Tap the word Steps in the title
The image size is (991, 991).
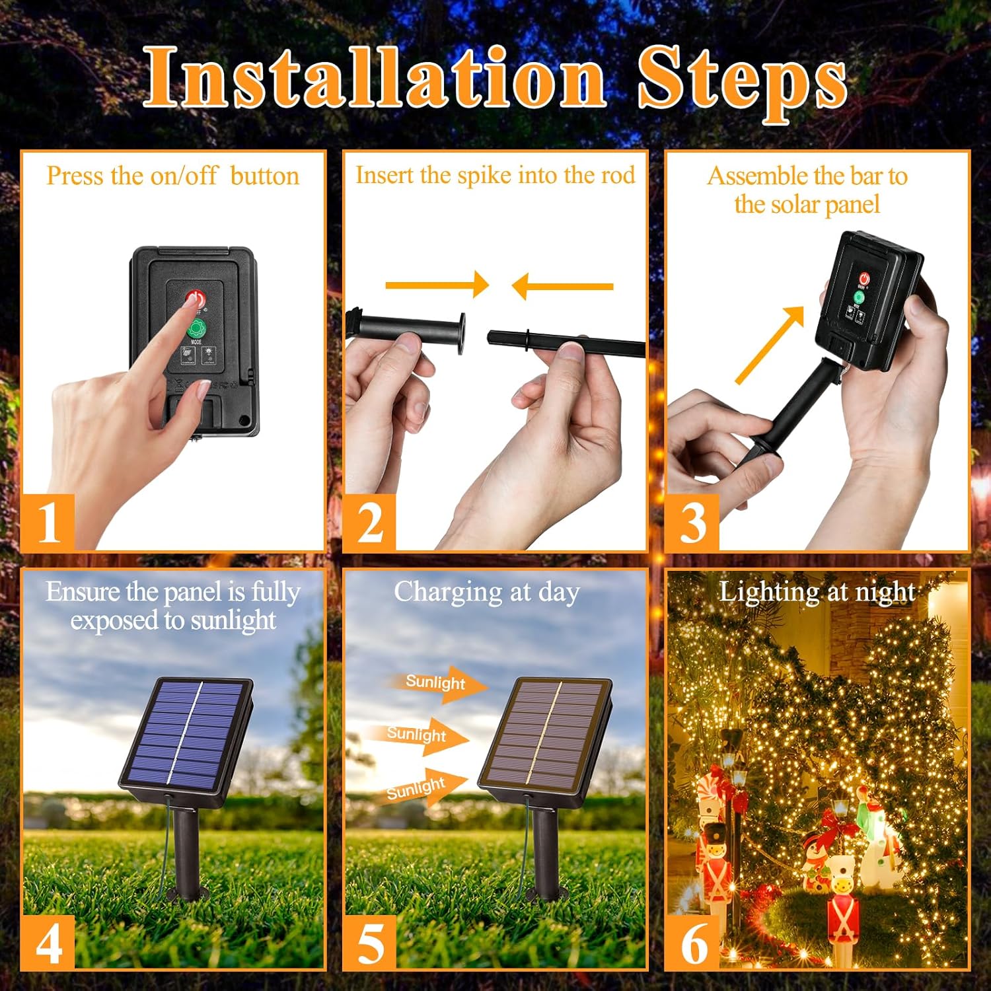[742, 83]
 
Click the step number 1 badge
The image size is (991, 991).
[48, 523]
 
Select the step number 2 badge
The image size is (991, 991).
[370, 523]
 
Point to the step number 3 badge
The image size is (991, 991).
[692, 523]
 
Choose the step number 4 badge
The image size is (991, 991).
[48, 943]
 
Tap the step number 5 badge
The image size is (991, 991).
[370, 943]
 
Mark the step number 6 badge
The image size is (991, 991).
[692, 943]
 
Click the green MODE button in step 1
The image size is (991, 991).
[196, 328]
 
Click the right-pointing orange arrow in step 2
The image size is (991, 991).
[437, 285]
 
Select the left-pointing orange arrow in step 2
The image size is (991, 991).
[562, 286]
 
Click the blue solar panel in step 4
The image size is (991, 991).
[186, 735]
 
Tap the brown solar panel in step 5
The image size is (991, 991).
[545, 735]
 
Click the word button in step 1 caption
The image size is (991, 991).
[265, 176]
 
